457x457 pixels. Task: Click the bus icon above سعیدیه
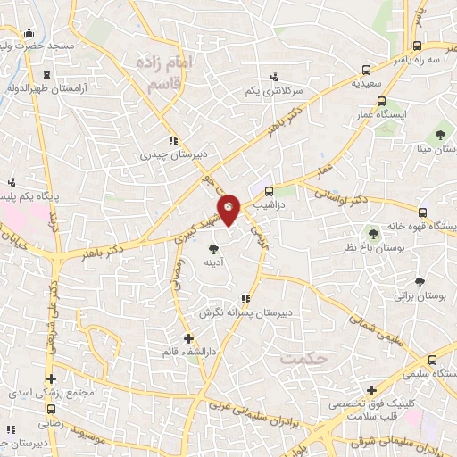(x=366, y=69)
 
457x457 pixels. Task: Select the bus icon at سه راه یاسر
(x=418, y=46)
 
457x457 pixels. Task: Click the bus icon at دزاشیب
(x=270, y=190)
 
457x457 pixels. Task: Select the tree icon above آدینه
(x=212, y=249)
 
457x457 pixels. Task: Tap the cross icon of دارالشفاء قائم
(x=188, y=338)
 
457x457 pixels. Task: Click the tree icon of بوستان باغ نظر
(x=373, y=233)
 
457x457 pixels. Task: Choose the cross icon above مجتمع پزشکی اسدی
(x=51, y=378)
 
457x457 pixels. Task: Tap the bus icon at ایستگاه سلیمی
(x=432, y=360)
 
